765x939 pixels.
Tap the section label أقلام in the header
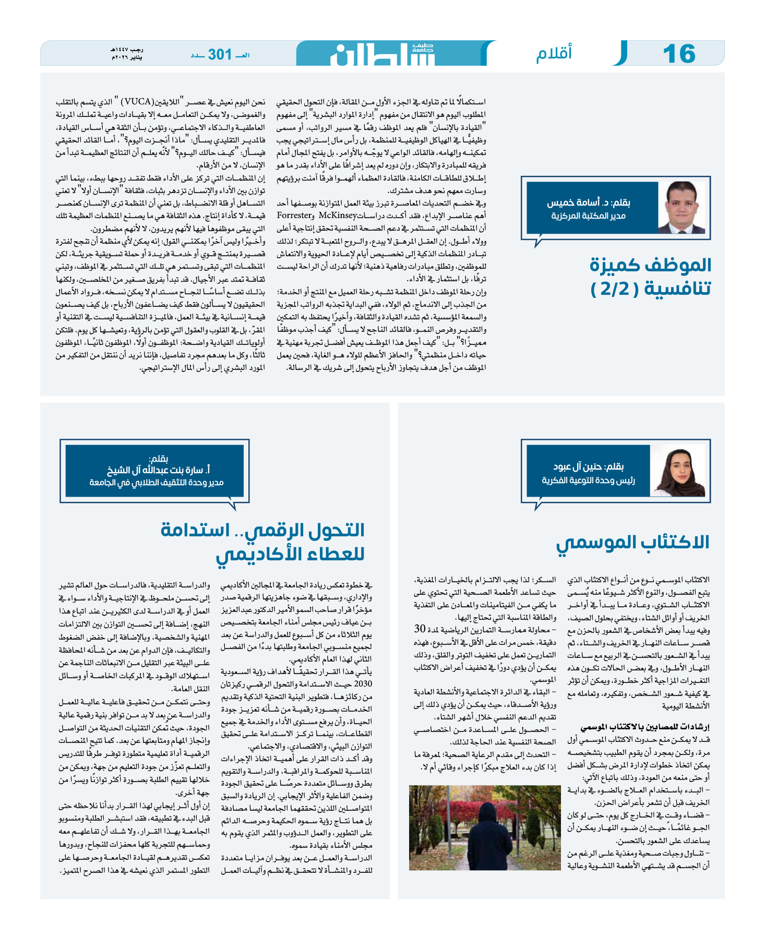point(554,54)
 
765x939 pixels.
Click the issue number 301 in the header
point(219,54)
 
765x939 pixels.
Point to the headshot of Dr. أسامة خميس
point(681,207)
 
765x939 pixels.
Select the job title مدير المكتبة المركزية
point(588,216)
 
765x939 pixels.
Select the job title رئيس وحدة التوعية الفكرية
point(588,480)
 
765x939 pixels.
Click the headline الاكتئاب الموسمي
point(632,543)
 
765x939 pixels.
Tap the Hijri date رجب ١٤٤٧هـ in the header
point(127,50)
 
